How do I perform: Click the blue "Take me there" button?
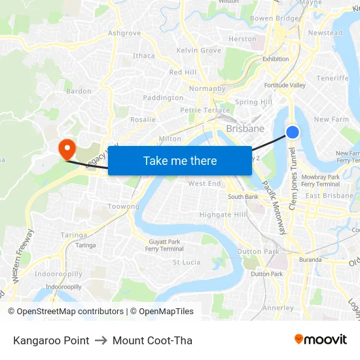(180, 160)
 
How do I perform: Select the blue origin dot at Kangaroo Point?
(293, 132)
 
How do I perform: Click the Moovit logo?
(321, 340)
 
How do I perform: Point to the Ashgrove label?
(124, 33)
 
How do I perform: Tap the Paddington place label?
(163, 98)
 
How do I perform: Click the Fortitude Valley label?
(285, 86)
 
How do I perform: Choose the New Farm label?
(331, 119)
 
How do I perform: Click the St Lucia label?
(186, 262)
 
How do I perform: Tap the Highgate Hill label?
(223, 215)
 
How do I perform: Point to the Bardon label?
(79, 91)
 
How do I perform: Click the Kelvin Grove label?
(198, 50)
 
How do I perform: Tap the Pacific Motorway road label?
(274, 207)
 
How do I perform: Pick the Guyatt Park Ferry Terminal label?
(164, 245)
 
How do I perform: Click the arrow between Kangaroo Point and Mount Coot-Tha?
(101, 340)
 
